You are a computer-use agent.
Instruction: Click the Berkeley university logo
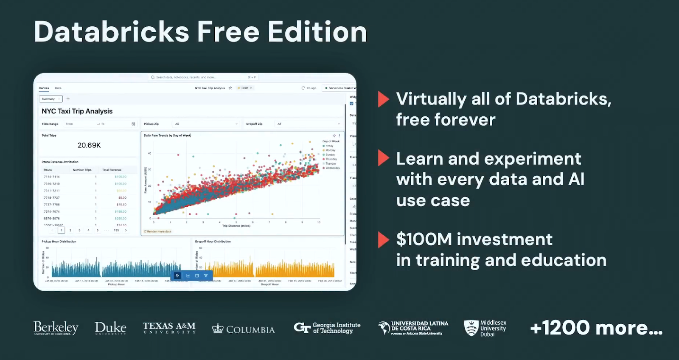pyautogui.click(x=56, y=328)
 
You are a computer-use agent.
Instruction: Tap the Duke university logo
pyautogui.click(x=110, y=328)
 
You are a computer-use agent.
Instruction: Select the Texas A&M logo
pyautogui.click(x=169, y=328)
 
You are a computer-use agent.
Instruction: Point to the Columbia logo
pyautogui.click(x=244, y=329)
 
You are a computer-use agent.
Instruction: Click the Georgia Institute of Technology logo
pyautogui.click(x=327, y=328)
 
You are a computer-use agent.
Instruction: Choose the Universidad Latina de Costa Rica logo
pyautogui.click(x=413, y=328)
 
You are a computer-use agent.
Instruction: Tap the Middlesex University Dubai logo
pyautogui.click(x=485, y=328)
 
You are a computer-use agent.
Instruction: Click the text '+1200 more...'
pyautogui.click(x=596, y=328)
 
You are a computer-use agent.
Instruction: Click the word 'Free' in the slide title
pyautogui.click(x=228, y=32)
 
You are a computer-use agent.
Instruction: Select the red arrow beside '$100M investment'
pyautogui.click(x=383, y=240)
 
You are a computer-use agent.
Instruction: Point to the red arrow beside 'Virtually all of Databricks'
pyautogui.click(x=383, y=99)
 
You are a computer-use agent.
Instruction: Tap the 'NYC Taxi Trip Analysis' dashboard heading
pyautogui.click(x=77, y=111)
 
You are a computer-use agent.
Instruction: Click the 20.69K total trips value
pyautogui.click(x=89, y=145)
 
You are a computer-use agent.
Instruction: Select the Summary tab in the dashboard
pyautogui.click(x=49, y=99)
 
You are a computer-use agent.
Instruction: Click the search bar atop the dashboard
pyautogui.click(x=204, y=77)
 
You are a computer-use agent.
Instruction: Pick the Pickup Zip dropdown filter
pyautogui.click(x=206, y=124)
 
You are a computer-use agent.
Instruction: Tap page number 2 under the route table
pyautogui.click(x=70, y=230)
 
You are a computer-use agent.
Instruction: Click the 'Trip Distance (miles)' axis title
pyautogui.click(x=236, y=226)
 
